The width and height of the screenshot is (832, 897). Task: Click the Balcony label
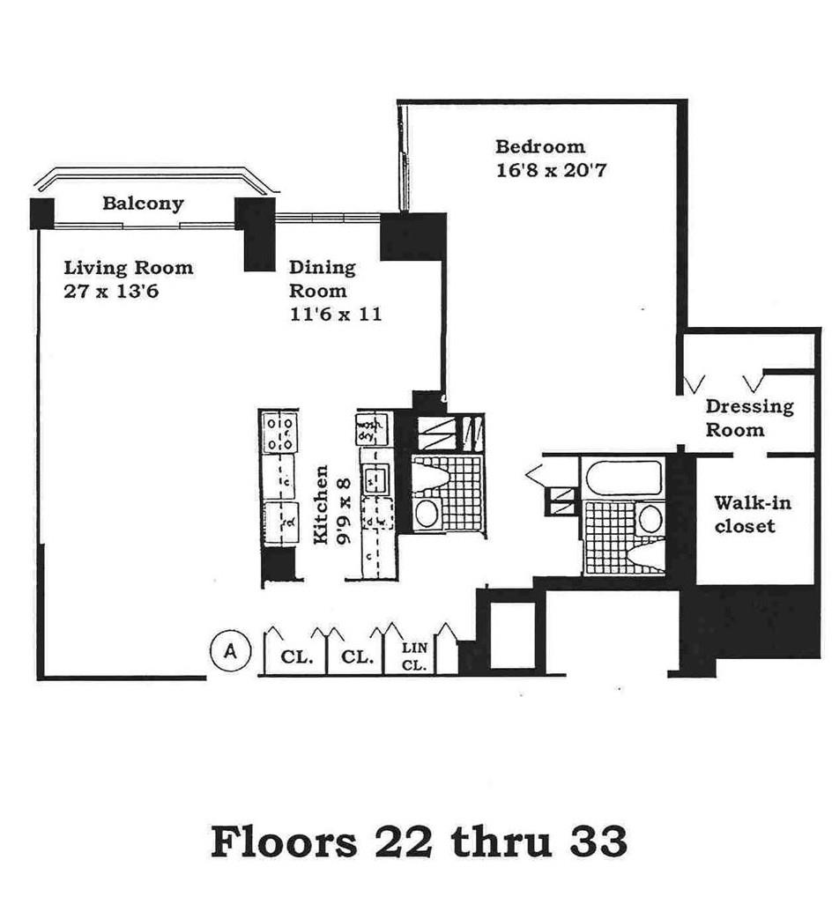click(143, 204)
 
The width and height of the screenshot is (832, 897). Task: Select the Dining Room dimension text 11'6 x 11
click(335, 314)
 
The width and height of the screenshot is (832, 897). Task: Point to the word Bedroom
click(539, 146)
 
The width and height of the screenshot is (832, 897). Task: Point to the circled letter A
click(231, 651)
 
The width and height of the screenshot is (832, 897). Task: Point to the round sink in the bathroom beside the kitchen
click(427, 515)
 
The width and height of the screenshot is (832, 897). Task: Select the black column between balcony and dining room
click(255, 234)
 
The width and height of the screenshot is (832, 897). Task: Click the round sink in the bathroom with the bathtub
click(650, 518)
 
